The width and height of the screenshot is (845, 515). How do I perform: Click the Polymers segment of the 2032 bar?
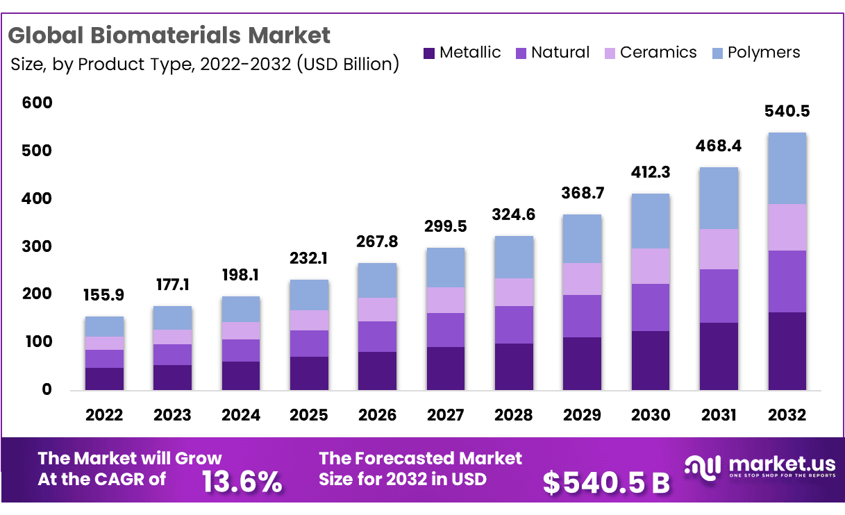pyautogui.click(x=787, y=168)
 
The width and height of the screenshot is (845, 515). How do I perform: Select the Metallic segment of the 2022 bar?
pyautogui.click(x=104, y=378)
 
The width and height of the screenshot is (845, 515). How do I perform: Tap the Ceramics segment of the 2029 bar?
pyautogui.click(x=582, y=279)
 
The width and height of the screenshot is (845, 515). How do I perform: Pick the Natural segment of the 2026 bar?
pyautogui.click(x=377, y=337)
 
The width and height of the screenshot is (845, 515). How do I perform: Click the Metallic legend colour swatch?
pyautogui.click(x=428, y=53)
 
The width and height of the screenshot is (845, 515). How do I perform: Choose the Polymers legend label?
pyautogui.click(x=764, y=53)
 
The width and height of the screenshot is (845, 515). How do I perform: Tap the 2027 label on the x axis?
pyautogui.click(x=445, y=415)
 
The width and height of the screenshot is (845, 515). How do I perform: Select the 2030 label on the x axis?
pyautogui.click(x=651, y=415)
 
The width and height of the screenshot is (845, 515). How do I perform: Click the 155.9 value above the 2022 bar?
pyautogui.click(x=104, y=295)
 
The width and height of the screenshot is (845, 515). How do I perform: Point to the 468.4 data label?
pyautogui.click(x=719, y=146)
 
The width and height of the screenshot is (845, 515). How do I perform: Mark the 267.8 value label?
pyautogui.click(x=377, y=242)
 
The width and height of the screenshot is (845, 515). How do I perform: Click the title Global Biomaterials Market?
pyautogui.click(x=170, y=34)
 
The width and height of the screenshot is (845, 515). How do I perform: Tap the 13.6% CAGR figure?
pyautogui.click(x=242, y=480)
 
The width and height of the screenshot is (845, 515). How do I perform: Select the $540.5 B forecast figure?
pyautogui.click(x=606, y=482)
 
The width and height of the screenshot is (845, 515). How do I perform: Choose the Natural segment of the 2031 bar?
pyautogui.click(x=719, y=296)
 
